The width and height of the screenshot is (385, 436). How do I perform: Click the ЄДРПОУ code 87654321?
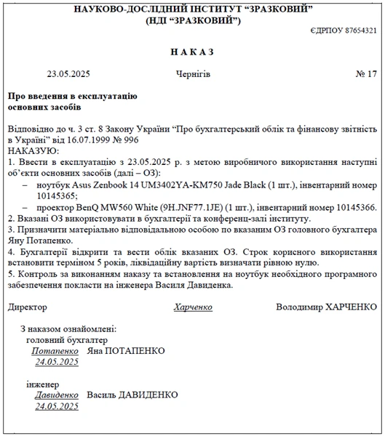coord(360,31)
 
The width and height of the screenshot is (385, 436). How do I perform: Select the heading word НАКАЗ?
coord(193,52)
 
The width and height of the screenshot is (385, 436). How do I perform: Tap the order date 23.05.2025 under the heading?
coord(68,74)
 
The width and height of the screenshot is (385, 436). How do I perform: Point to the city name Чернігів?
coord(193,74)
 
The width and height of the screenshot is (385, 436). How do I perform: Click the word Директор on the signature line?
coord(27,307)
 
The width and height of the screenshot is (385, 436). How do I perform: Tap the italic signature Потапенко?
coord(55,350)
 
